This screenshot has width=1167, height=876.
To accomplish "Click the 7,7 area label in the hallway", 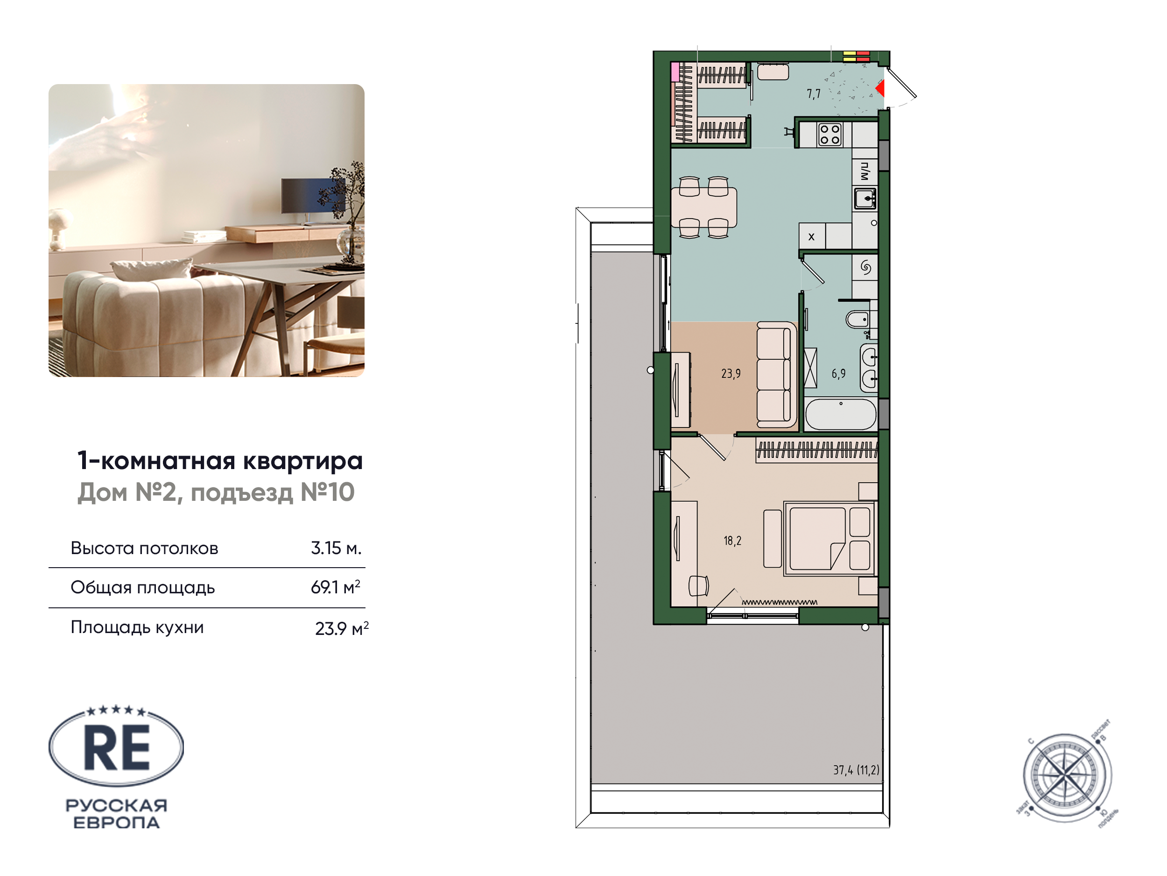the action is [814, 94].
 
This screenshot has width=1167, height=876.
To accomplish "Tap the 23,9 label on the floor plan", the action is [731, 374].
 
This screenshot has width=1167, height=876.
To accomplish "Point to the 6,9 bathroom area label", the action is [838, 374].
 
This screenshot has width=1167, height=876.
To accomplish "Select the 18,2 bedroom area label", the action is [732, 541].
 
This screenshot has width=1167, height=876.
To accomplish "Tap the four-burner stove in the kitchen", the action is [830, 134].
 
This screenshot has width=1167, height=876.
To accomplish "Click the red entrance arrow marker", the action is [880, 88].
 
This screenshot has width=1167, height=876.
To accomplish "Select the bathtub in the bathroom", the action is [841, 414].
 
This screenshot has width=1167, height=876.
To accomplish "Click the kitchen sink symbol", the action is [865, 199].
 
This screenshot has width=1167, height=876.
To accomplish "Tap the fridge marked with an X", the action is [812, 236].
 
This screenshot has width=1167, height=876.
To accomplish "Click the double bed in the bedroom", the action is [830, 539].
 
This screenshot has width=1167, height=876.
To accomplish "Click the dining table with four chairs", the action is [704, 207].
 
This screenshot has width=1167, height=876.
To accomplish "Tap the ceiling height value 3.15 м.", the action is [336, 548].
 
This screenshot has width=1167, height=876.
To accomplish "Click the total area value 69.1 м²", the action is [336, 587].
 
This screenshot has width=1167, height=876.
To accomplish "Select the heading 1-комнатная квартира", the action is [220, 461].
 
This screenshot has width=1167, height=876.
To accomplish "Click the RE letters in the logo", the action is [117, 748].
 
